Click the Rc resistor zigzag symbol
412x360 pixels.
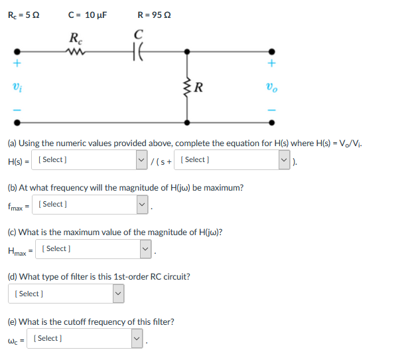tap(76, 50)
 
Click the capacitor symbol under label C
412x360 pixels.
tap(138, 50)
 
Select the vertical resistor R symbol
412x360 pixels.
tap(188, 86)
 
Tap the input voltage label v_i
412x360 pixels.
tap(16, 86)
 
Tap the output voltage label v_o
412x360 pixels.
tap(271, 86)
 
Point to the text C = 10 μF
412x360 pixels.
tap(87, 14)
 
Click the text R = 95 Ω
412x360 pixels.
tap(154, 14)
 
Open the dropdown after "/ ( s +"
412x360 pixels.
tap(235, 160)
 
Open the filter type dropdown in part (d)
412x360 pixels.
tap(65, 294)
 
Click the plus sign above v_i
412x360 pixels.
tap(16, 64)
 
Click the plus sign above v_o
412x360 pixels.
tap(271, 64)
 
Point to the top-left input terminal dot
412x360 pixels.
tap(17, 50)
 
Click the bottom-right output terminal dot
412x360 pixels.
tap(271, 122)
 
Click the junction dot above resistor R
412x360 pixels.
tap(188, 50)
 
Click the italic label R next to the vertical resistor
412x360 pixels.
tap(200, 86)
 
